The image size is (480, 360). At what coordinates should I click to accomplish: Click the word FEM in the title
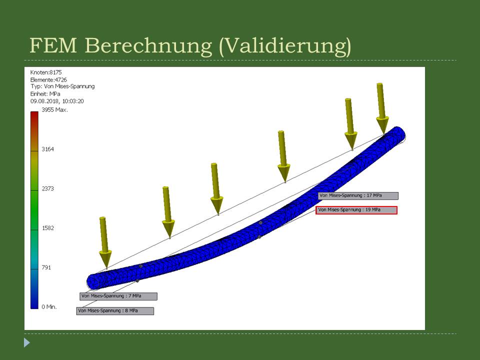point(53,45)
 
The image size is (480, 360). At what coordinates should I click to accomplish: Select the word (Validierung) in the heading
point(285,46)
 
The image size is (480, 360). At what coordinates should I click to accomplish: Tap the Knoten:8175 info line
point(46,72)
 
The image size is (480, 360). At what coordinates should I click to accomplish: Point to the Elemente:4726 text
point(48,79)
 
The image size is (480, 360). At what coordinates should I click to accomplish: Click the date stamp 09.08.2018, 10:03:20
point(57,101)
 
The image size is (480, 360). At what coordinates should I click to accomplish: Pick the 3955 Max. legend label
point(55,109)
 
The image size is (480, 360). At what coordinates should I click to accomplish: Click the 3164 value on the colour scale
point(48,149)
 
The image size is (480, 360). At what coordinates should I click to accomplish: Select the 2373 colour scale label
point(48,188)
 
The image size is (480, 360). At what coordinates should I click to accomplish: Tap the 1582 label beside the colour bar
point(48,228)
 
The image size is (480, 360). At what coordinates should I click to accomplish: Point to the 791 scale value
point(46,267)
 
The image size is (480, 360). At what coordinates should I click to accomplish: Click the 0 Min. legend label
point(49,306)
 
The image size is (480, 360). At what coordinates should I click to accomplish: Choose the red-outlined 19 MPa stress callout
point(356,210)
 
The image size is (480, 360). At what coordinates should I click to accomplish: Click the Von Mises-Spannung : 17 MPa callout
point(358,195)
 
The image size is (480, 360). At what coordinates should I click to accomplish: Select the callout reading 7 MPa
point(118,296)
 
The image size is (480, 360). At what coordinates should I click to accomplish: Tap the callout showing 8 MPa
point(115,310)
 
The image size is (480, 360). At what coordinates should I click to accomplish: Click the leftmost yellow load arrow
point(104,242)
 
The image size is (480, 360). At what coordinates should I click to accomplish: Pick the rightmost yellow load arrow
point(381,108)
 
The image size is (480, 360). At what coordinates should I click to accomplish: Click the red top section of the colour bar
point(34,122)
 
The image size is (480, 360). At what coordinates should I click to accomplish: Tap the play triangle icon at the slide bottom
point(27,342)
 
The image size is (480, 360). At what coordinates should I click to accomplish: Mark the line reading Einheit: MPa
point(45,93)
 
